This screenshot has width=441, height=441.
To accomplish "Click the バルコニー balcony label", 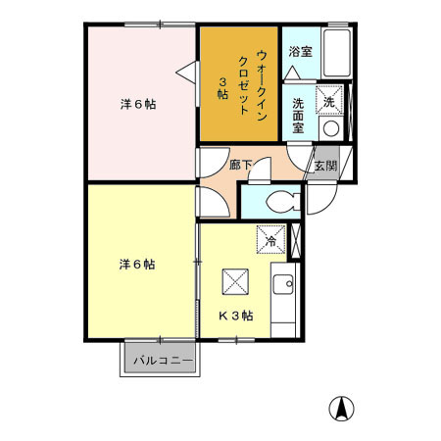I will pos(159,360).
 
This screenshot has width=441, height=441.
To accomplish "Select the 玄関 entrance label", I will pos(325,166).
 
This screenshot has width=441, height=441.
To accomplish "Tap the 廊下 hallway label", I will pos(240,166).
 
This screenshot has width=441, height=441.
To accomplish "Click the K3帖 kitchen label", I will pos(236,316).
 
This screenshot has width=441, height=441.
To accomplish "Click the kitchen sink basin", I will pos(283,286).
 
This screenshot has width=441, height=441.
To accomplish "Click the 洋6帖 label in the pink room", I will pos(138,104).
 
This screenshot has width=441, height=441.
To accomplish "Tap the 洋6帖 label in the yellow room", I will pos(138,265).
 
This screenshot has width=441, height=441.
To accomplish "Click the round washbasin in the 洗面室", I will pos(330,127).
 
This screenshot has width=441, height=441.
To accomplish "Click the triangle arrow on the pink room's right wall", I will pos(186,69).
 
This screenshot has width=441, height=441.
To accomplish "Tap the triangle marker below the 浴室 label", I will pos(294,73).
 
